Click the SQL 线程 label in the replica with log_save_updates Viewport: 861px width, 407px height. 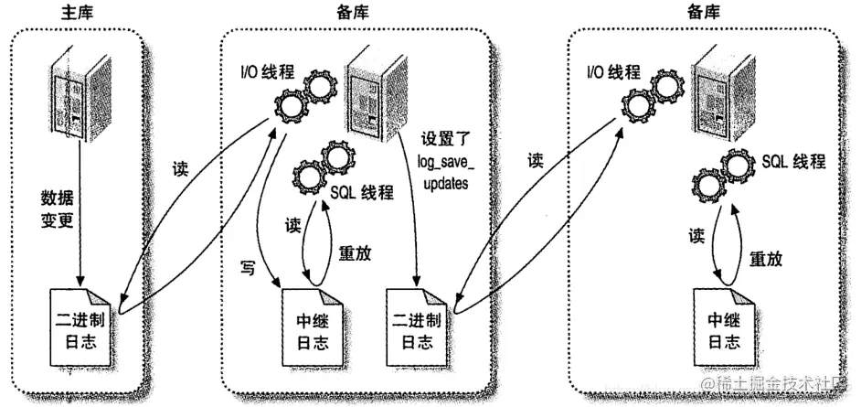coord(363,192)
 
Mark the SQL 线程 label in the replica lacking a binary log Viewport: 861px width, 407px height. coord(794,161)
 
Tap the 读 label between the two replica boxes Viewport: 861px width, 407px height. coord(536,160)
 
